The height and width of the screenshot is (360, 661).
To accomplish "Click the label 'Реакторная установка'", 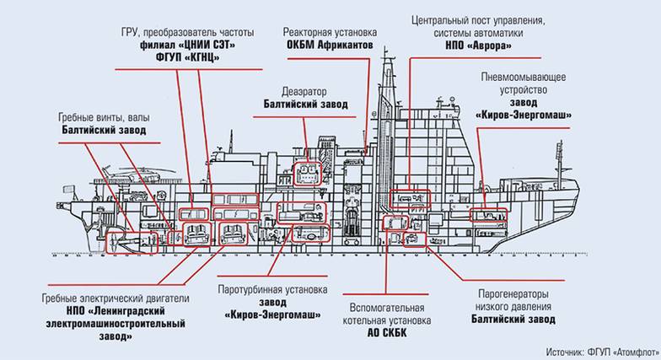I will coord(330,31).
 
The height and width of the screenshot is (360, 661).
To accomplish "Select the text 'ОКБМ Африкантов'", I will coord(330,44).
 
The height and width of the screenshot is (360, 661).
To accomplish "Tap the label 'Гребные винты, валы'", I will coord(103,118).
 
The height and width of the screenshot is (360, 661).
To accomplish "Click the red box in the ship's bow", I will coord(489,215).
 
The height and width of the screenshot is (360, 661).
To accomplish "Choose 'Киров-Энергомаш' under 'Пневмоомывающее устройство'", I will coord(524,114).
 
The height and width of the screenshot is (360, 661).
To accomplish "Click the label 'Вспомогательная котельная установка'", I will coord(389,314).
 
